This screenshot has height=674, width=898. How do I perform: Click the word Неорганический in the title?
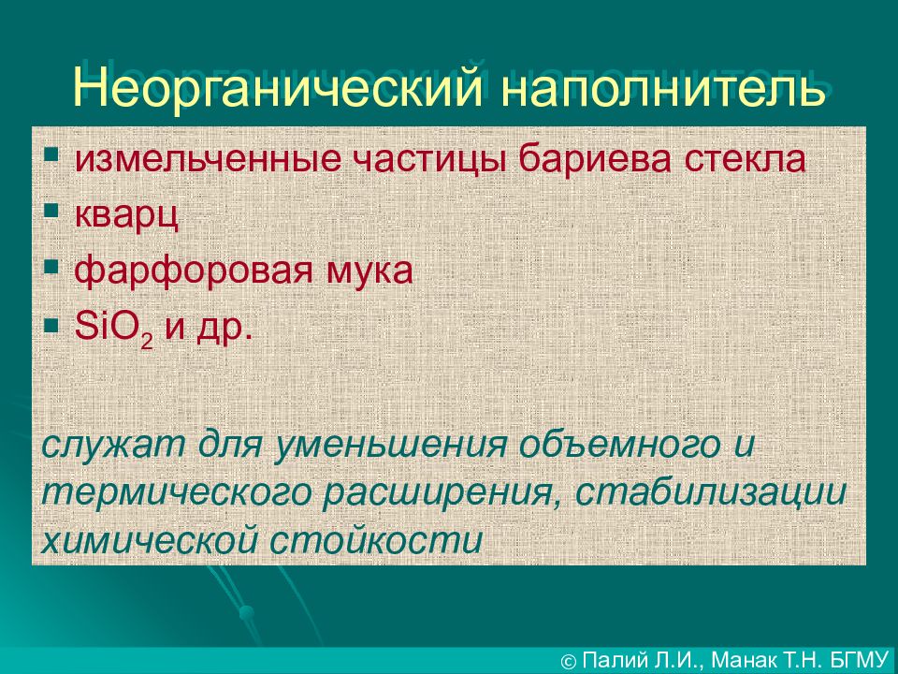pos(278,86)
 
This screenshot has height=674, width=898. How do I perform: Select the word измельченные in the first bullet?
pos(208,159)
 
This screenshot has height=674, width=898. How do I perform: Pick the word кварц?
pos(126,216)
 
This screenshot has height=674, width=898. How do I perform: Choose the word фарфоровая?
pos(194,270)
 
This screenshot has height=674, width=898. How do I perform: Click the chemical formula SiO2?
pos(114,329)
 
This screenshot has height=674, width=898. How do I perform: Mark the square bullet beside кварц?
pos(51,211)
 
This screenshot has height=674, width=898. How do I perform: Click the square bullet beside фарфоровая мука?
pos(51,267)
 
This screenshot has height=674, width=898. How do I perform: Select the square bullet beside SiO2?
pos(51,324)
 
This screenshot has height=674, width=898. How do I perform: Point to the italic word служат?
pos(113,446)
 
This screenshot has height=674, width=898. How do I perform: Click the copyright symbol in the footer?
pos(569,662)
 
